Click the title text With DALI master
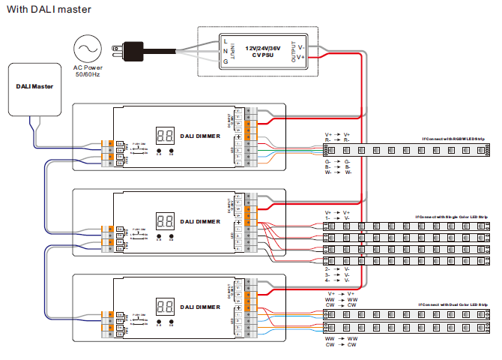point(46,9)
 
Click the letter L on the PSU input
point(226,39)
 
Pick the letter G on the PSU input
point(226,61)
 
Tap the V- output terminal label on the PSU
point(301,46)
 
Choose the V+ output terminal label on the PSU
point(301,56)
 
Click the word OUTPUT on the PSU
point(293,51)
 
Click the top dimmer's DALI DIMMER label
point(200,136)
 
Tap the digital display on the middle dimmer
point(165,221)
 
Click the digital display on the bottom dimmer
point(165,307)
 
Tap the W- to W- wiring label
point(338,173)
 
